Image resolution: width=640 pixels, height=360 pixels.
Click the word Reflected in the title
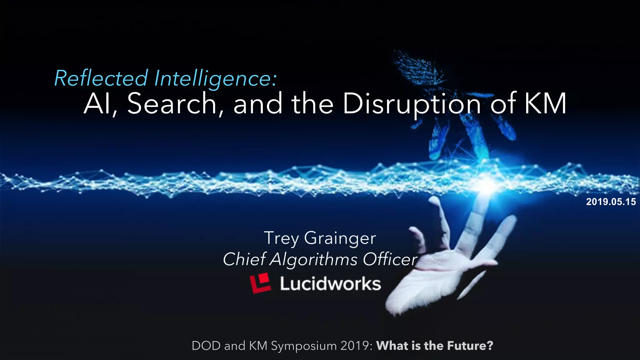click(x=101, y=78)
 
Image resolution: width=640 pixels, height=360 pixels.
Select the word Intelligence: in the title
click(x=216, y=78)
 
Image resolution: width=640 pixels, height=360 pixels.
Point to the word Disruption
click(x=412, y=104)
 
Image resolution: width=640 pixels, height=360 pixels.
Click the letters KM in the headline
click(x=545, y=104)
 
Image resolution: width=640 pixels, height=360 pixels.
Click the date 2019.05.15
click(x=611, y=202)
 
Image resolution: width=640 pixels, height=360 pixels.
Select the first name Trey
click(x=282, y=238)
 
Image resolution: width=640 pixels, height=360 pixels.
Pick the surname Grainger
click(x=340, y=238)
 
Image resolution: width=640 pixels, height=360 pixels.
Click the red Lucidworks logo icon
click(x=260, y=283)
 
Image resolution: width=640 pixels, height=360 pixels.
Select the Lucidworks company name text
click(x=330, y=284)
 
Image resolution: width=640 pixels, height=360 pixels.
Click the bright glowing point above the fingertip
click(x=487, y=187)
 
